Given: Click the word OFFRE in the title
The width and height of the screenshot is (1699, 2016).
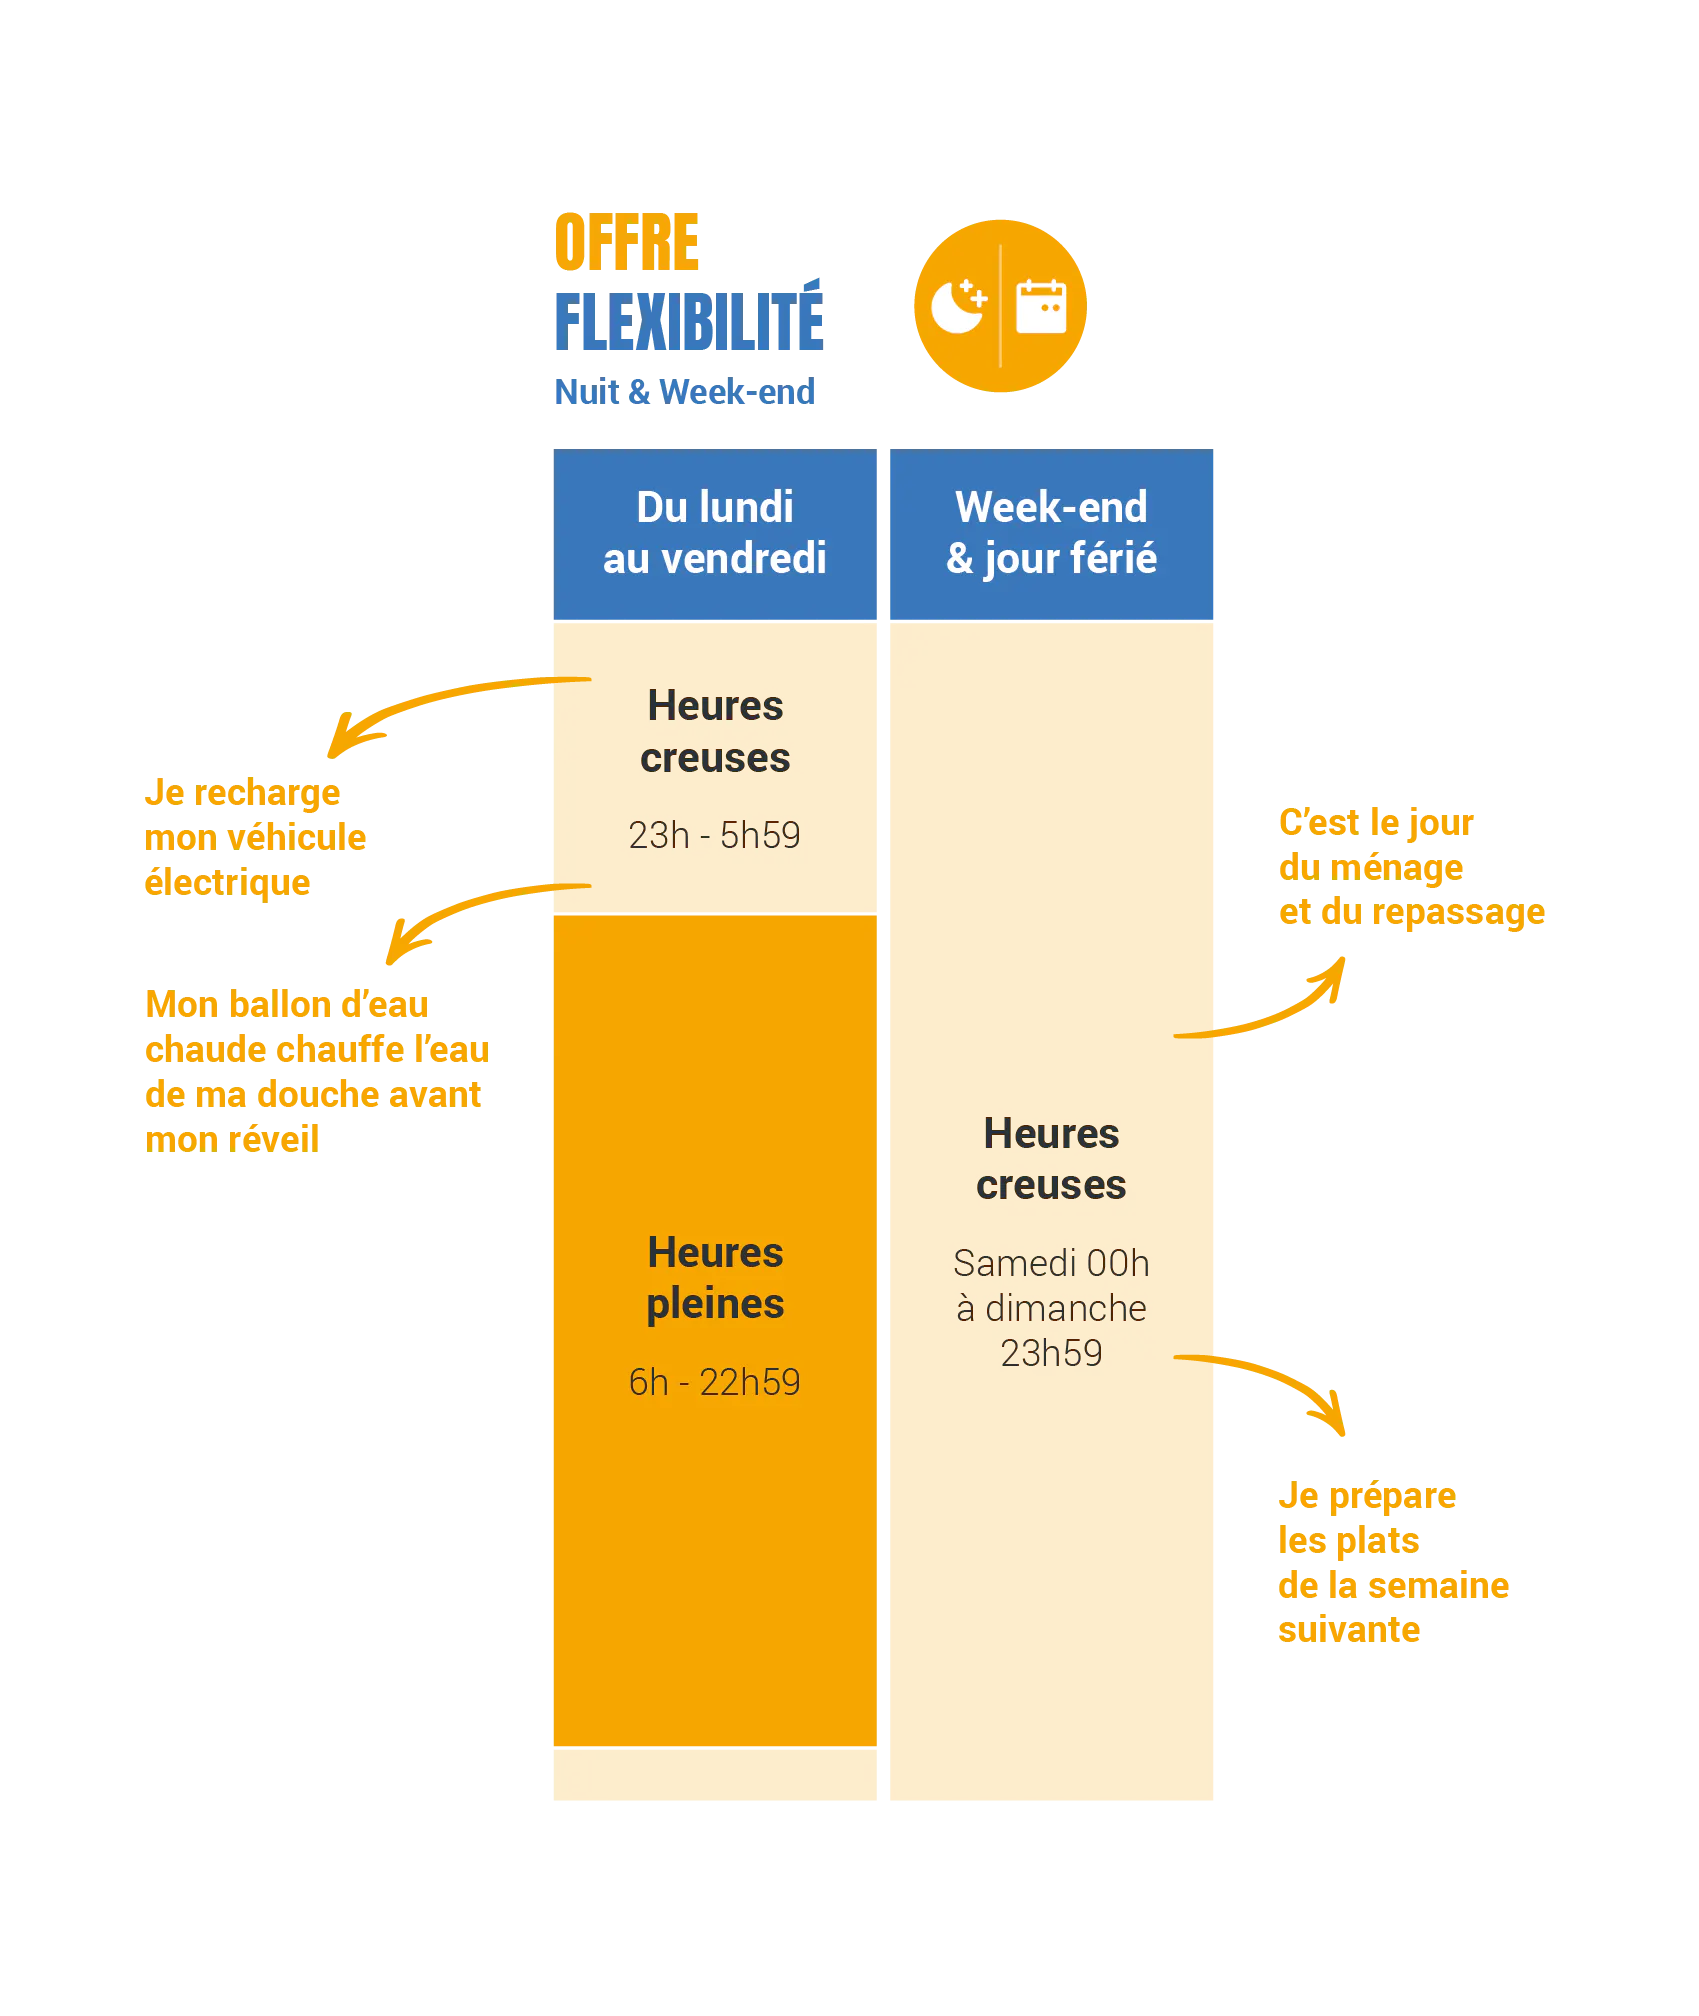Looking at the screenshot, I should click(x=628, y=241).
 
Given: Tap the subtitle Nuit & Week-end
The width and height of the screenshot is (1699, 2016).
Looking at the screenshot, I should click(x=684, y=391).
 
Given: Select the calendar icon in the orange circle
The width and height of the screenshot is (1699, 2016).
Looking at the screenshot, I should click(x=1040, y=306).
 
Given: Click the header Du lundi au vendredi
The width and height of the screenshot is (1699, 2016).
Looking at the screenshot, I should click(x=715, y=533).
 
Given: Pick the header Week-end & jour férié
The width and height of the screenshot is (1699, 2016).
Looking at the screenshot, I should click(x=1051, y=533).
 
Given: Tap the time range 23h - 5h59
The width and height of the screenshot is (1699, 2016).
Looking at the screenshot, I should click(x=714, y=835).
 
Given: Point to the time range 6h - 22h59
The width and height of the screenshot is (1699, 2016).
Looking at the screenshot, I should click(x=714, y=1382).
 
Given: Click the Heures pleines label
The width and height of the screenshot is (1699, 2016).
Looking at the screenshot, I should click(x=715, y=1278).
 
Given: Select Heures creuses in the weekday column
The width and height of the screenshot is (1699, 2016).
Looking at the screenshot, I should click(x=715, y=732).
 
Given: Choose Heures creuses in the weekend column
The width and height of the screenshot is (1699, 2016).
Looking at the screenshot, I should click(x=1051, y=1159).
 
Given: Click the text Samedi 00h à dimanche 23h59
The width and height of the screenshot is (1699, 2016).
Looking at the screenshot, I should click(x=1051, y=1308).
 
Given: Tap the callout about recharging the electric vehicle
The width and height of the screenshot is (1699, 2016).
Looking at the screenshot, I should click(x=255, y=837).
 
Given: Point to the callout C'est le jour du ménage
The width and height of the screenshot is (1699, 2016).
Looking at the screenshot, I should click(x=1413, y=867).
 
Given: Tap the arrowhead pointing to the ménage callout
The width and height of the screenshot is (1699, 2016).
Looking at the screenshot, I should click(x=1338, y=970).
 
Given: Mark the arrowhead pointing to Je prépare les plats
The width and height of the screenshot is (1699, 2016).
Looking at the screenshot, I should click(x=1338, y=1420).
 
